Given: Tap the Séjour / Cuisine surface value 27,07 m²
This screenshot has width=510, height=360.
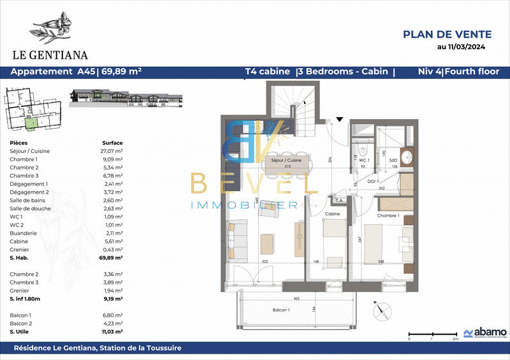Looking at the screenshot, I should point(113,151).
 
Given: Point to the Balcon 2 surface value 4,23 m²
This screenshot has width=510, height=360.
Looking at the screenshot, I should point(113,324).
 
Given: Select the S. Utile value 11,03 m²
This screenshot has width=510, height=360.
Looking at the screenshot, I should point(112,332).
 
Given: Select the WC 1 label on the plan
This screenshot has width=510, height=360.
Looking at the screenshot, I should point(363,161).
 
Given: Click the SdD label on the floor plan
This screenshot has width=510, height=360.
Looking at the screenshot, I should point(394,161).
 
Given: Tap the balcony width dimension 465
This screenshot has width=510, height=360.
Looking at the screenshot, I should point(296,298).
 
